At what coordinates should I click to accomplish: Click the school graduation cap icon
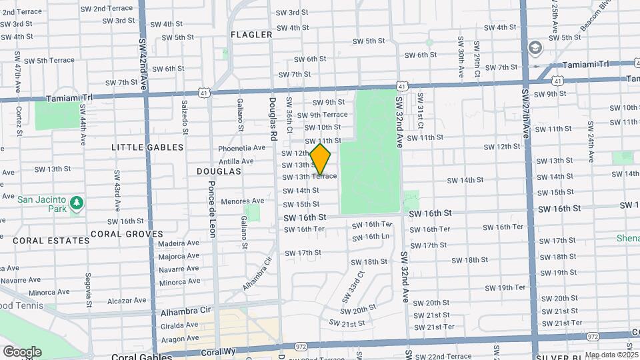[x=535, y=48]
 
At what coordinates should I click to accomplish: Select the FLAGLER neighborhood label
[x=251, y=35]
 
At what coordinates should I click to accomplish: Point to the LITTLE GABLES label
[x=147, y=147]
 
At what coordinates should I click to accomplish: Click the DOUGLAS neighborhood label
[x=219, y=171]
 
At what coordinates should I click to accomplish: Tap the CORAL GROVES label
[x=127, y=234]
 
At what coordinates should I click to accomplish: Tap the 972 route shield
[x=301, y=347]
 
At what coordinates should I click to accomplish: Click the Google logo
[x=22, y=351]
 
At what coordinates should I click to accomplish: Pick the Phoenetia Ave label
[x=241, y=148]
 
